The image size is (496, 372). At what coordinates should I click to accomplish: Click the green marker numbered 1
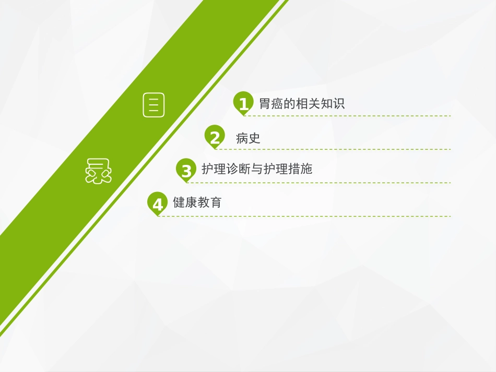[x=243, y=103]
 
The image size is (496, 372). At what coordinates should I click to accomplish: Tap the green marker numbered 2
[x=215, y=137]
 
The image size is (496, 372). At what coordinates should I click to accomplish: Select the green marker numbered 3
[x=186, y=170]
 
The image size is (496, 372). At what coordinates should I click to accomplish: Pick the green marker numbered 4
[x=158, y=203]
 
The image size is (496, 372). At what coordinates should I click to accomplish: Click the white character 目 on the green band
[x=153, y=105]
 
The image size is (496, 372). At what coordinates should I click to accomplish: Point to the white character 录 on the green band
[x=98, y=172]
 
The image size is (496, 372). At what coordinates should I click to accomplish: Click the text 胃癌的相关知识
[x=302, y=103]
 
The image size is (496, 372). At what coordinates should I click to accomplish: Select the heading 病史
[x=248, y=138]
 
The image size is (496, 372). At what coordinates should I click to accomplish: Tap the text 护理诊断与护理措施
[x=257, y=169]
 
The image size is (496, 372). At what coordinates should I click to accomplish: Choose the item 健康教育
[x=197, y=202]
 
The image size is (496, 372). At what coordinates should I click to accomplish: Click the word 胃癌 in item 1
[x=271, y=103]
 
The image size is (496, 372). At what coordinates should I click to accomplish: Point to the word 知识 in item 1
[x=333, y=103]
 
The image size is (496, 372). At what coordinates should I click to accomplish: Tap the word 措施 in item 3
[x=300, y=169]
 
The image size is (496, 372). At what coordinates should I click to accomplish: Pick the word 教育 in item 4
[x=209, y=202]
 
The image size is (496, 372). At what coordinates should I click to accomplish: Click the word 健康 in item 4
[x=185, y=202]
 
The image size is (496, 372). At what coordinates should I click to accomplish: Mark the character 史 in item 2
[x=254, y=138]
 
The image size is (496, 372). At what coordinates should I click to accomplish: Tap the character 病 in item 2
[x=242, y=138]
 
